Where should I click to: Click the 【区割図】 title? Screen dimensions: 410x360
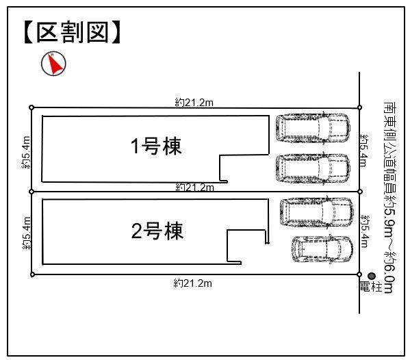[73, 32]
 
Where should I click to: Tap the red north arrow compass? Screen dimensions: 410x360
[53, 64]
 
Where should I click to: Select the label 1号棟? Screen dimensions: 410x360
[156, 146]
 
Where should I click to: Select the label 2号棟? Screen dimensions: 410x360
[157, 231]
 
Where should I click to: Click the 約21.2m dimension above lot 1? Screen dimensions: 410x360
[194, 103]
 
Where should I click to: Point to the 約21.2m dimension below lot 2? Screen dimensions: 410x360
[193, 283]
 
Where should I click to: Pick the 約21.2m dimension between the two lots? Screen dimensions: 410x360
[195, 188]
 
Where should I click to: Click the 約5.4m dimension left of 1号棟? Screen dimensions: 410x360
[26, 153]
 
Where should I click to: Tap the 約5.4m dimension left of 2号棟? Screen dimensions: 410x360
[27, 233]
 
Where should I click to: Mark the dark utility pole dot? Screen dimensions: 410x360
[372, 276]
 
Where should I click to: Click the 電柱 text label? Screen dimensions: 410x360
[371, 287]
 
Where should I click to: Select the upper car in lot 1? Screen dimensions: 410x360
[313, 128]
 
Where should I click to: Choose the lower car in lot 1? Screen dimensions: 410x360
[313, 168]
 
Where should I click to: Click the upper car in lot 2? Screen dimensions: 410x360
[317, 211]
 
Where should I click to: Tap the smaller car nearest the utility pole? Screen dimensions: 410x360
[322, 249]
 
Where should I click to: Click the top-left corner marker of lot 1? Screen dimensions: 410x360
[31, 107]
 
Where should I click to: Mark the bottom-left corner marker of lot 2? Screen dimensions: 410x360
[32, 274]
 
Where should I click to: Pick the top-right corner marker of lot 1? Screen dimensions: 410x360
[359, 107]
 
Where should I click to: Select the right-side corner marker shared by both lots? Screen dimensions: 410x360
[360, 192]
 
